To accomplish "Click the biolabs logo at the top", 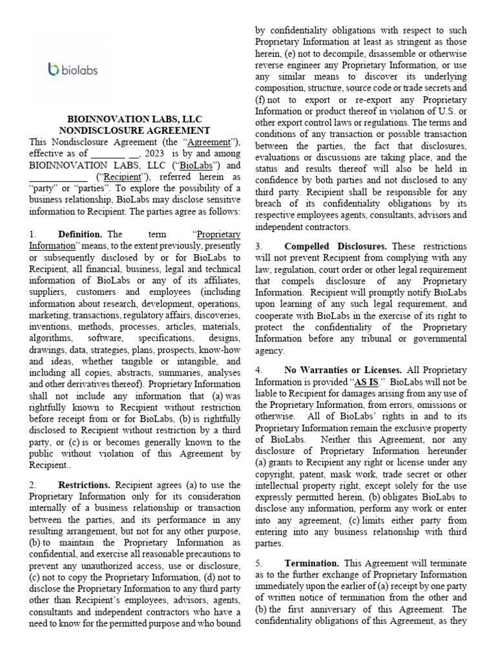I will tap(73, 69).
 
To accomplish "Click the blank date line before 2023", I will tap(108, 154).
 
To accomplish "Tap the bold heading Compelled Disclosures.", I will tap(335, 246).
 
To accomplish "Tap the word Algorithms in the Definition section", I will tap(52, 339).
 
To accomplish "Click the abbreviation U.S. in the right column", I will tap(454, 111).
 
